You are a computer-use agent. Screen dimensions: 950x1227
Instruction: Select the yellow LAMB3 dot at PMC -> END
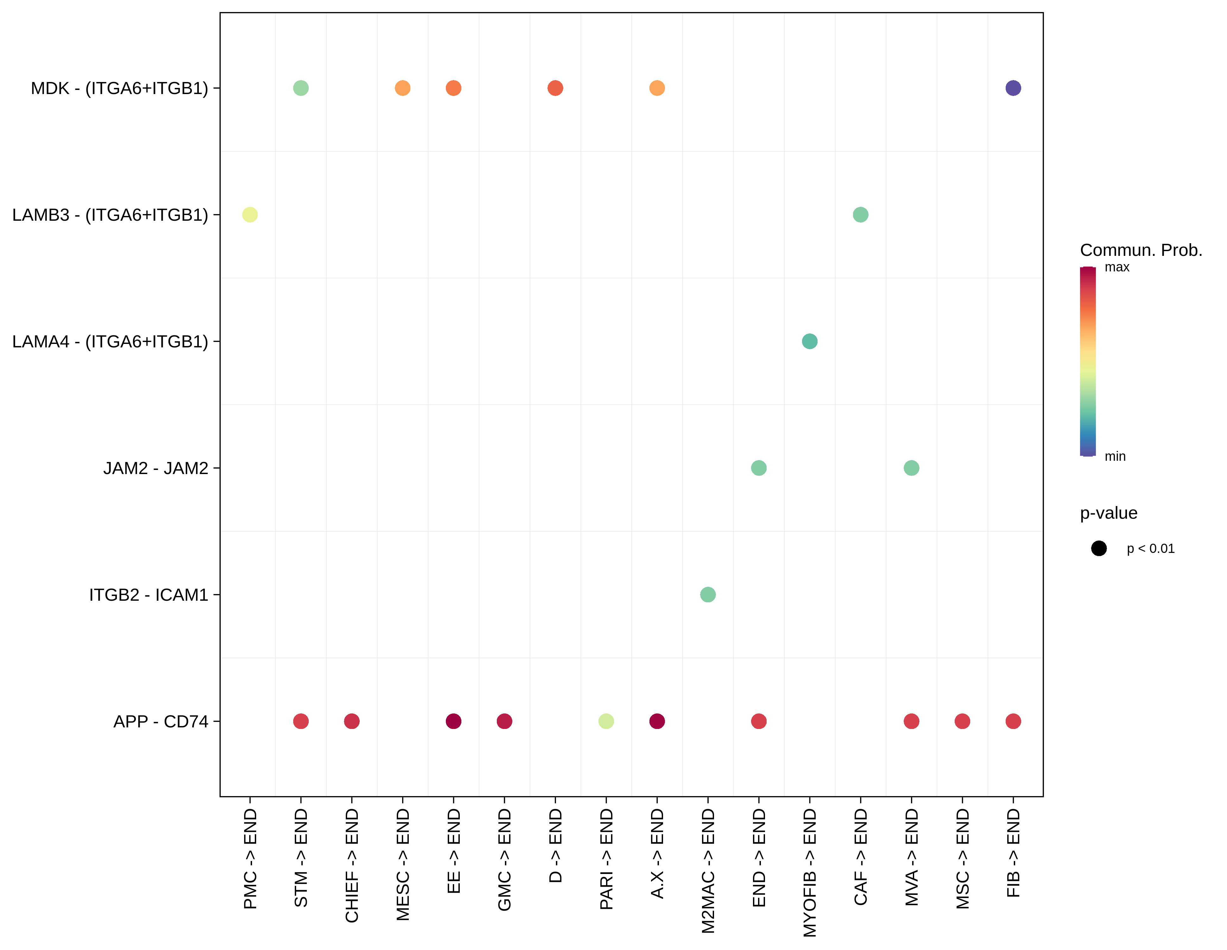(250, 215)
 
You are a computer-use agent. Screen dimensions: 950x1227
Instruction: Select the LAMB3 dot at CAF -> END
(860, 215)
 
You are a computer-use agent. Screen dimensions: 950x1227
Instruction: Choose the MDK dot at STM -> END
(300, 88)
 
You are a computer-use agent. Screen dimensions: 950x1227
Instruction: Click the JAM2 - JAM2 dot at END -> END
(758, 468)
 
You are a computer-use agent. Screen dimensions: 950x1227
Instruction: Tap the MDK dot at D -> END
(555, 88)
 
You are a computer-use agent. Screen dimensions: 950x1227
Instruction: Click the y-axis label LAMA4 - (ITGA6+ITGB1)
(110, 342)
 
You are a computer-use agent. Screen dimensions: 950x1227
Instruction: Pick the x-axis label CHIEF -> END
(352, 865)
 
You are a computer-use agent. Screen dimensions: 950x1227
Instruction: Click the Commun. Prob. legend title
(1141, 250)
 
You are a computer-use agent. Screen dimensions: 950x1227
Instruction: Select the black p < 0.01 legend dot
(1098, 548)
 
